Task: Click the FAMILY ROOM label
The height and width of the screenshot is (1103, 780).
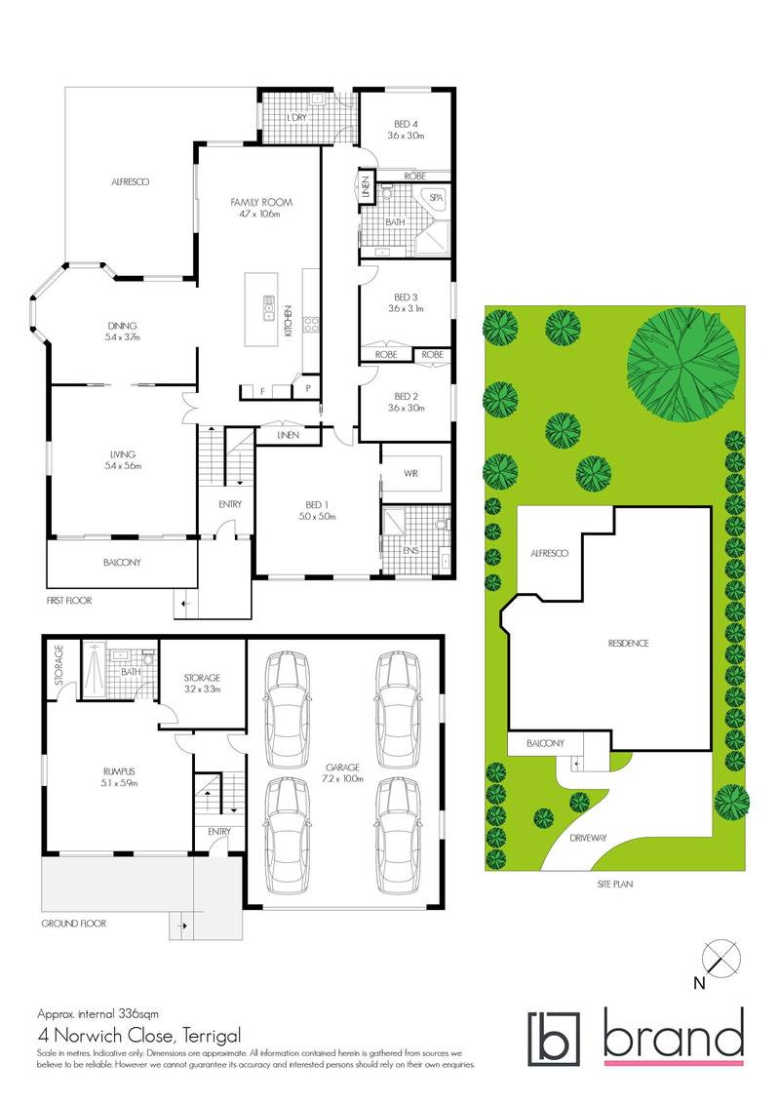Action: [x=261, y=202]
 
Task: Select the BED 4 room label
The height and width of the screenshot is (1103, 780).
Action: [x=407, y=123]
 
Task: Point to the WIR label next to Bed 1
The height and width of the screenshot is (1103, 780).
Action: [x=410, y=473]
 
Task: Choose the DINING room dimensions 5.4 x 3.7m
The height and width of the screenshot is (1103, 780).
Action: [x=123, y=337]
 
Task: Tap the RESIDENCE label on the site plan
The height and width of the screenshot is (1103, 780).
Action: [x=628, y=644]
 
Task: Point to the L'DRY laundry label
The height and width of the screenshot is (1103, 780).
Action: [x=298, y=118]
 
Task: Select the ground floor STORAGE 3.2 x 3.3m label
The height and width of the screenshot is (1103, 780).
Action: [x=203, y=684]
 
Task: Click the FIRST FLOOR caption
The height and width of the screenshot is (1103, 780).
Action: [x=67, y=602]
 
